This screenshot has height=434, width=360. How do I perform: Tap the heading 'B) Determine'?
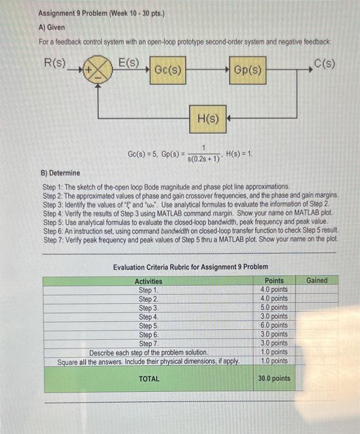pyautogui.click(x=65, y=173)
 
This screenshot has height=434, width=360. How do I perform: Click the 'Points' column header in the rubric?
pyautogui.click(x=274, y=281)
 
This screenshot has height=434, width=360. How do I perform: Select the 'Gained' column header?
pyautogui.click(x=317, y=280)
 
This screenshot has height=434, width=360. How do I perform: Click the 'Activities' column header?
pyautogui.click(x=148, y=281)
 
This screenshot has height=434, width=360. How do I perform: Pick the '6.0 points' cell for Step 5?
pyautogui.click(x=273, y=325)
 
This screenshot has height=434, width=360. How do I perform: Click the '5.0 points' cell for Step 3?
pyautogui.click(x=273, y=308)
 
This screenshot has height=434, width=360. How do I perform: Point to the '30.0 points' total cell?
pyautogui.click(x=274, y=378)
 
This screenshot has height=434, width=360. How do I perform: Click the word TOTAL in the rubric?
pyautogui.click(x=148, y=378)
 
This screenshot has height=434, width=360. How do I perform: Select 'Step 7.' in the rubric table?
pyautogui.click(x=148, y=343)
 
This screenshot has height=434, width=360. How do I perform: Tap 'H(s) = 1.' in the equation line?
pyautogui.click(x=239, y=153)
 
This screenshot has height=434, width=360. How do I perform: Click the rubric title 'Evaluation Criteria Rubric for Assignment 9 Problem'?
pyautogui.click(x=191, y=267)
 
